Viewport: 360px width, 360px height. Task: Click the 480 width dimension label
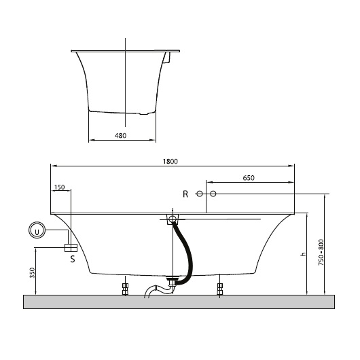click(120, 136)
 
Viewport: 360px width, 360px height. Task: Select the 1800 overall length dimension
click(170, 162)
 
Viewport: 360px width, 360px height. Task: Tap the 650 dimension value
click(249, 178)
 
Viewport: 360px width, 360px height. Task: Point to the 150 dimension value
click(60, 187)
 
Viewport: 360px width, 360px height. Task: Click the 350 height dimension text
click(33, 273)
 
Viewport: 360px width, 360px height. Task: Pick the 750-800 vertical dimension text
click(321, 253)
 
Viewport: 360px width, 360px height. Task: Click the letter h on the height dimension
click(304, 254)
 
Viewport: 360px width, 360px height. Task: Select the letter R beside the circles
click(185, 194)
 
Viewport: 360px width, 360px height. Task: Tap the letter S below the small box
click(73, 259)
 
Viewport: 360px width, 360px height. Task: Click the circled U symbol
click(37, 230)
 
